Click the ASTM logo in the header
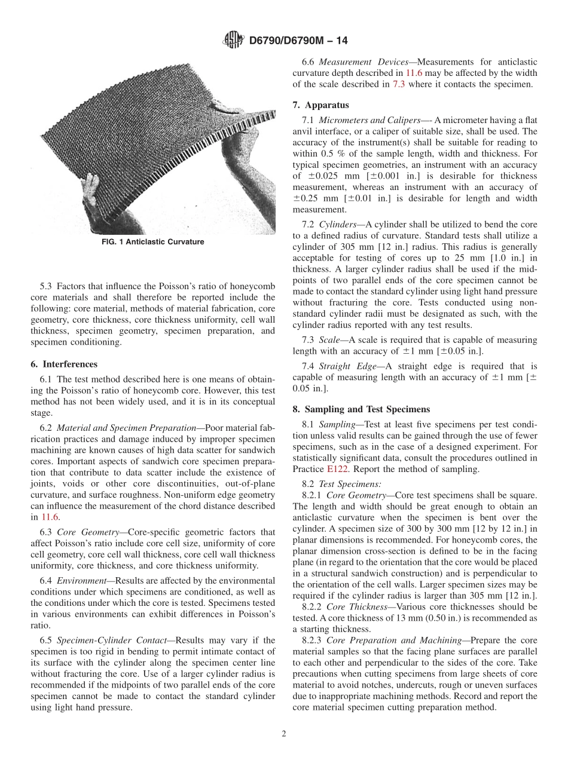tap(233, 40)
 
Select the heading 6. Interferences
tap(63, 364)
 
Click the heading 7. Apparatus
tap(320, 105)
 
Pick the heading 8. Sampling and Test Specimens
tap(361, 409)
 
